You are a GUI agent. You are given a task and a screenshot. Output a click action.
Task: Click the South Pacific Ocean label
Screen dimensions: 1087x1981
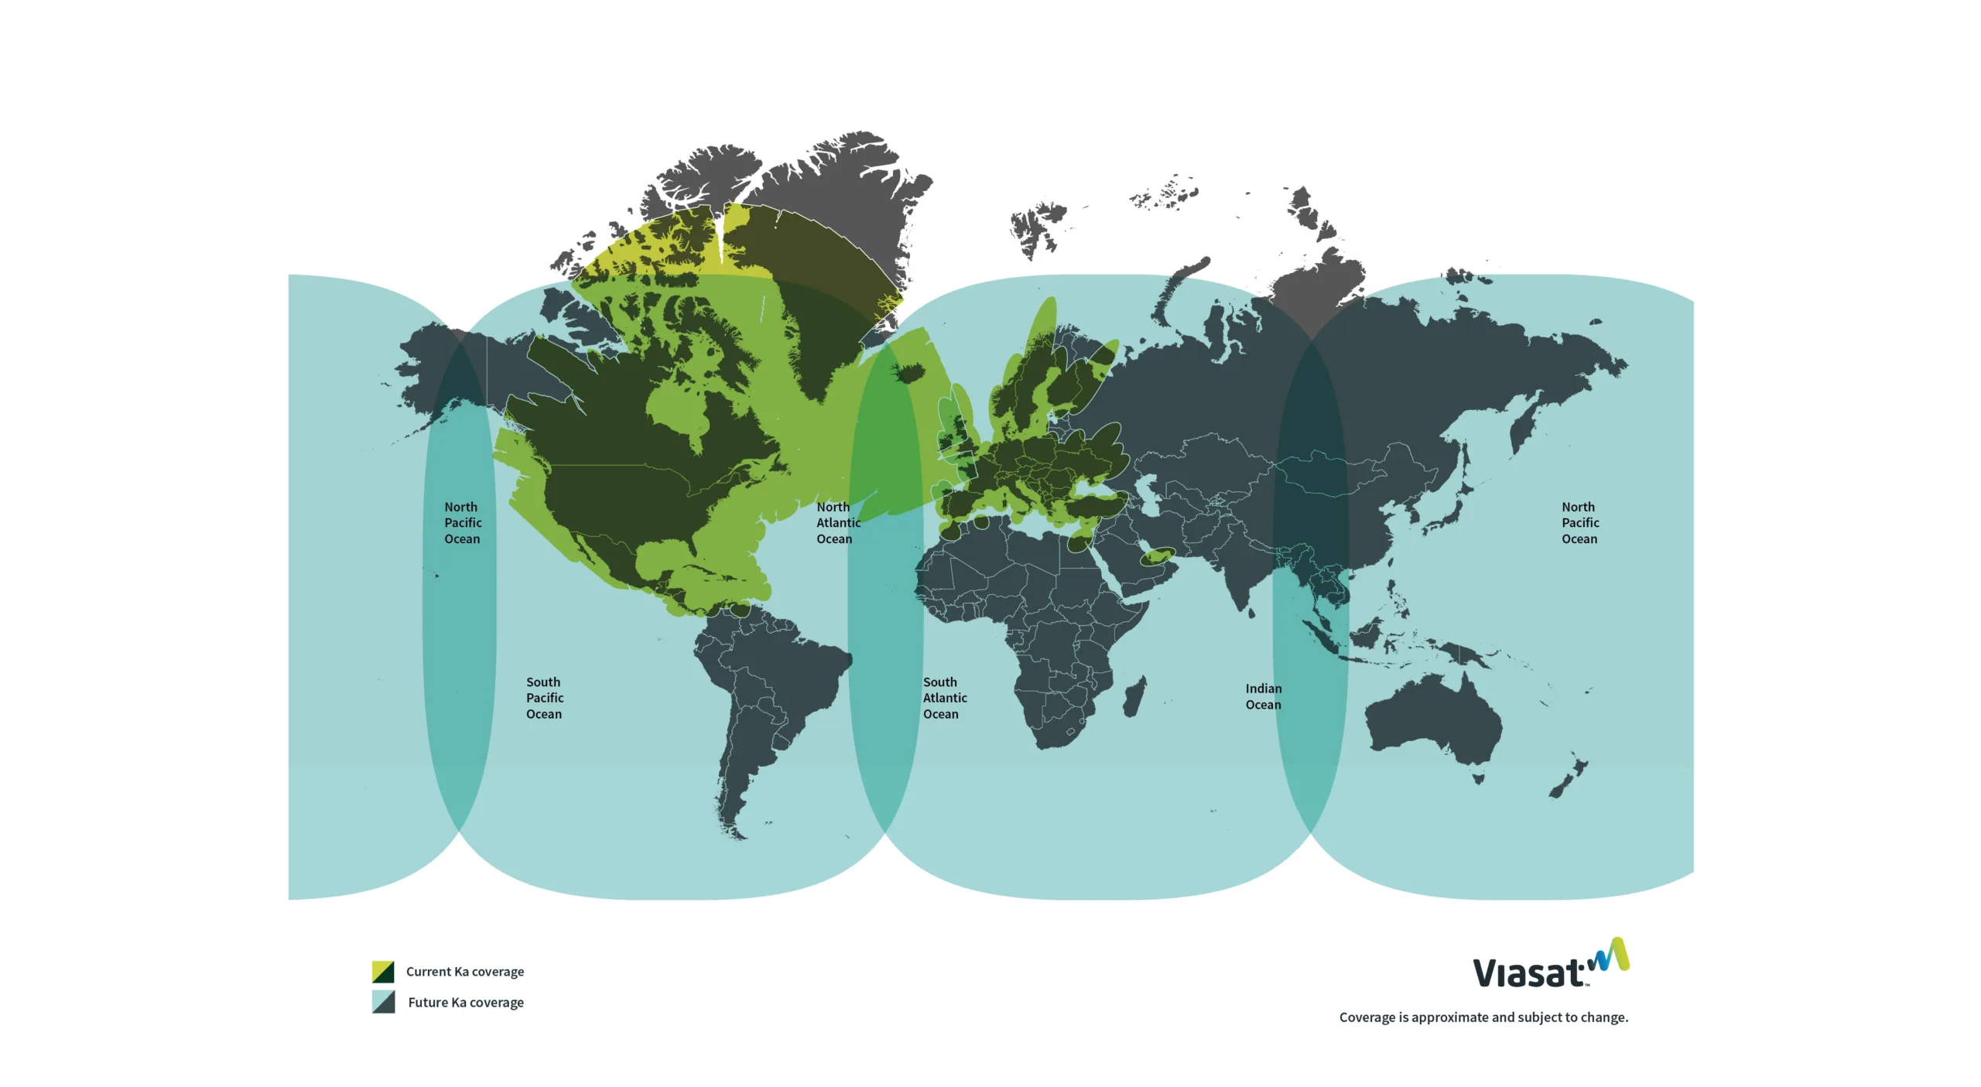(x=544, y=698)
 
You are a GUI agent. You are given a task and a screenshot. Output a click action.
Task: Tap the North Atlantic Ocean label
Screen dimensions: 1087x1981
(x=837, y=523)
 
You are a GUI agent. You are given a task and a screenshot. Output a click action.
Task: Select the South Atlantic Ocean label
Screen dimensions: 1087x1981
(x=944, y=698)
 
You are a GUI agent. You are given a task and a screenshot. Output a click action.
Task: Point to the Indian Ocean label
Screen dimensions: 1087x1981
(x=1263, y=696)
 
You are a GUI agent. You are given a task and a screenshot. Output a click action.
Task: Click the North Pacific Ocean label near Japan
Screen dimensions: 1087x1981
(x=1579, y=523)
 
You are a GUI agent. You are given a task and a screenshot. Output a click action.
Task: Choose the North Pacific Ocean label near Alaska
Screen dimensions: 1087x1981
(x=462, y=523)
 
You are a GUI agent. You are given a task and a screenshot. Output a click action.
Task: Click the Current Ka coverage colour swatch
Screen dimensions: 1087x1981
(x=383, y=972)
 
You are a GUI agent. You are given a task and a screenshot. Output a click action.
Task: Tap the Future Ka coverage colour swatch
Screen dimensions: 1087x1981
(x=383, y=1002)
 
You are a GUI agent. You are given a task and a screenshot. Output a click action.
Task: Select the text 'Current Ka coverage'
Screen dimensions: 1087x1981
(x=465, y=972)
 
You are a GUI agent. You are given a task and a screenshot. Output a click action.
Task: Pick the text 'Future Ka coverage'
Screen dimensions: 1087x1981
(x=466, y=1003)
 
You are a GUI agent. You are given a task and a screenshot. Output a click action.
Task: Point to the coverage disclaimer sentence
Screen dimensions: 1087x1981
(x=1483, y=1017)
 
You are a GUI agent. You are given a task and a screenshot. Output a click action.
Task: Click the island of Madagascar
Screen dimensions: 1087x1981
(x=1134, y=696)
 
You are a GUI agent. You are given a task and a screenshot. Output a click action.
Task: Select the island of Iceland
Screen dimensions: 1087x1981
(x=911, y=374)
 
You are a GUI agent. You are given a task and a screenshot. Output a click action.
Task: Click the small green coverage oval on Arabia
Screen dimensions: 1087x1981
(x=1158, y=555)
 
